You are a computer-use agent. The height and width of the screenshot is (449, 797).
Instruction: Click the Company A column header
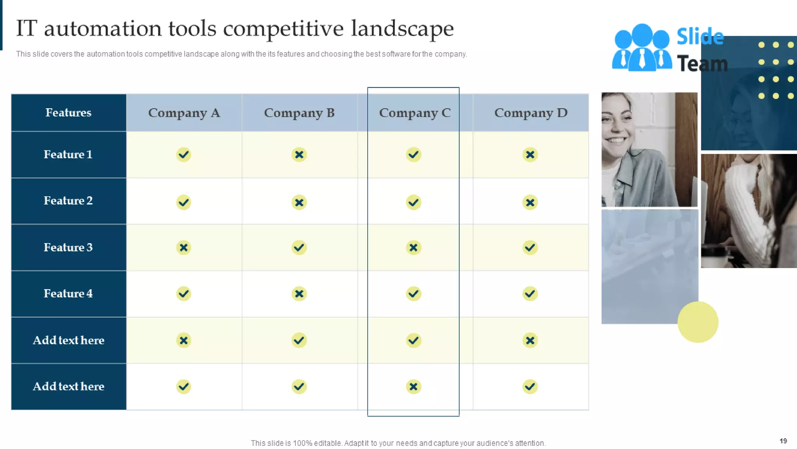[184, 113]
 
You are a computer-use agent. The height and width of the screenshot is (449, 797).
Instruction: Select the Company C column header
[414, 113]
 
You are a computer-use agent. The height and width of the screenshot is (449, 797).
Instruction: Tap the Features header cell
[68, 113]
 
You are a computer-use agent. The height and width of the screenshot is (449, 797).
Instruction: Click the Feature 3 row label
[68, 247]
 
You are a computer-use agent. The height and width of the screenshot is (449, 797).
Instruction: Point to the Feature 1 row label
[68, 154]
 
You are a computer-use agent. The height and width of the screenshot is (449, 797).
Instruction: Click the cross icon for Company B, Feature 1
[299, 155]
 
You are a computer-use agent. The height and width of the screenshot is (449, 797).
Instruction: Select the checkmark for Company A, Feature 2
[184, 202]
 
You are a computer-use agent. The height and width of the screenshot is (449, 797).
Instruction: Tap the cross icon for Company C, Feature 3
[413, 247]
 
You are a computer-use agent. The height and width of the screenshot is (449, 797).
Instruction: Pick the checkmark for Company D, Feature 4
[530, 293]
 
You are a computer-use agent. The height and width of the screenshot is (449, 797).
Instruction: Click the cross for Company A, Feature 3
[184, 247]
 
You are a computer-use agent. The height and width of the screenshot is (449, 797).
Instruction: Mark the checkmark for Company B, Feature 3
[299, 247]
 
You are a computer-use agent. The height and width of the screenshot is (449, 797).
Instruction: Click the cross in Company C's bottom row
[413, 387]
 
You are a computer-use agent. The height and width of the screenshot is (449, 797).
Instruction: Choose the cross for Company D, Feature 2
[530, 202]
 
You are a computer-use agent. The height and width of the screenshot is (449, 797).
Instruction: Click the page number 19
[783, 441]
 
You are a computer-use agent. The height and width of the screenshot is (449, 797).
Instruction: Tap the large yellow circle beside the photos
[698, 322]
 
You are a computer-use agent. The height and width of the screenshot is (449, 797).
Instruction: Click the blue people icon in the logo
[642, 48]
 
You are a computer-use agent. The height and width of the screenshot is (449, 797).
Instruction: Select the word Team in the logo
[702, 64]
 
